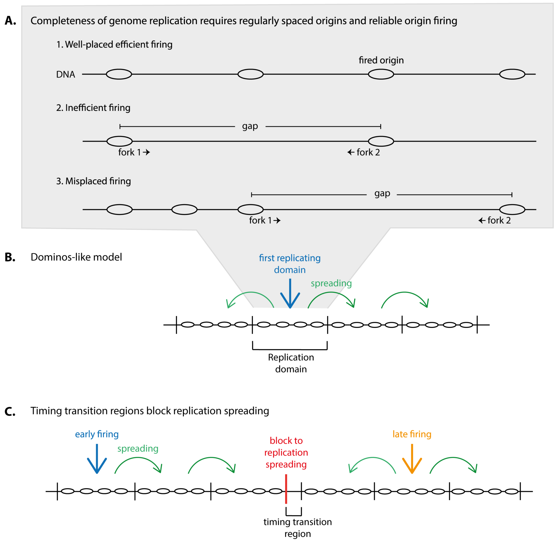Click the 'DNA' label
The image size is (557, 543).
(x=65, y=75)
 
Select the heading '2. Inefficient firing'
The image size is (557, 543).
(x=93, y=108)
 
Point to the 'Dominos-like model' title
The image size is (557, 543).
(x=76, y=257)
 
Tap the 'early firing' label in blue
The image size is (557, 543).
(x=97, y=434)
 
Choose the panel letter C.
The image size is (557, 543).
(x=10, y=412)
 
